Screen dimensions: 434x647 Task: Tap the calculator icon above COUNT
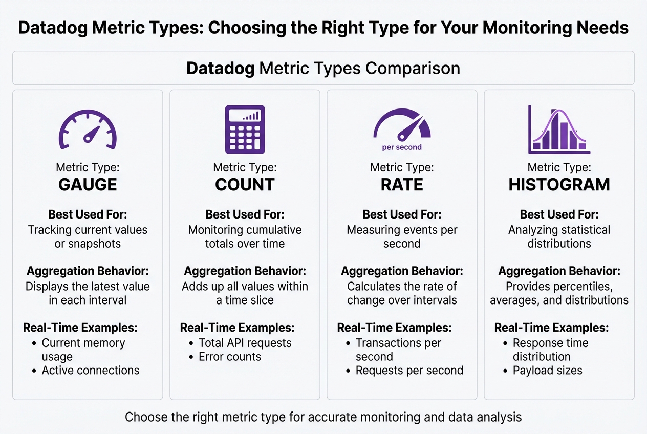pos(245,129)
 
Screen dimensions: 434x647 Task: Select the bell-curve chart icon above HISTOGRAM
pos(559,129)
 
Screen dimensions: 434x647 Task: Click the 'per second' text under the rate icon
pos(402,147)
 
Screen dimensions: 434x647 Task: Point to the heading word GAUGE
pos(88,185)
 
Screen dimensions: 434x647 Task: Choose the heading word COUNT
pos(245,185)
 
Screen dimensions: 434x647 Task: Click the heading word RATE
pos(402,185)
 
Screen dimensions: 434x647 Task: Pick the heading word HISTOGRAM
pos(559,185)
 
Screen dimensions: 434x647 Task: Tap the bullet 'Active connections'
pos(91,370)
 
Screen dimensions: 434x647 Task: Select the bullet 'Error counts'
pos(230,357)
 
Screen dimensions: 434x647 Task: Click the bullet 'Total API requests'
pos(245,343)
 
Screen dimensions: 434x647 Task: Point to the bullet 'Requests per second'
pos(409,370)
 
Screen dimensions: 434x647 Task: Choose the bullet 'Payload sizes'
pos(548,370)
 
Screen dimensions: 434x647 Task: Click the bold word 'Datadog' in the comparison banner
pos(220,69)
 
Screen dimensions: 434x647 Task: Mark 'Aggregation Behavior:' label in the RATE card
pos(402,271)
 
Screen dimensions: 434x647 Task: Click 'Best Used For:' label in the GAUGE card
pos(88,214)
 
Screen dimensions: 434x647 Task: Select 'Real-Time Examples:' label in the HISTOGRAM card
pos(551,328)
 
